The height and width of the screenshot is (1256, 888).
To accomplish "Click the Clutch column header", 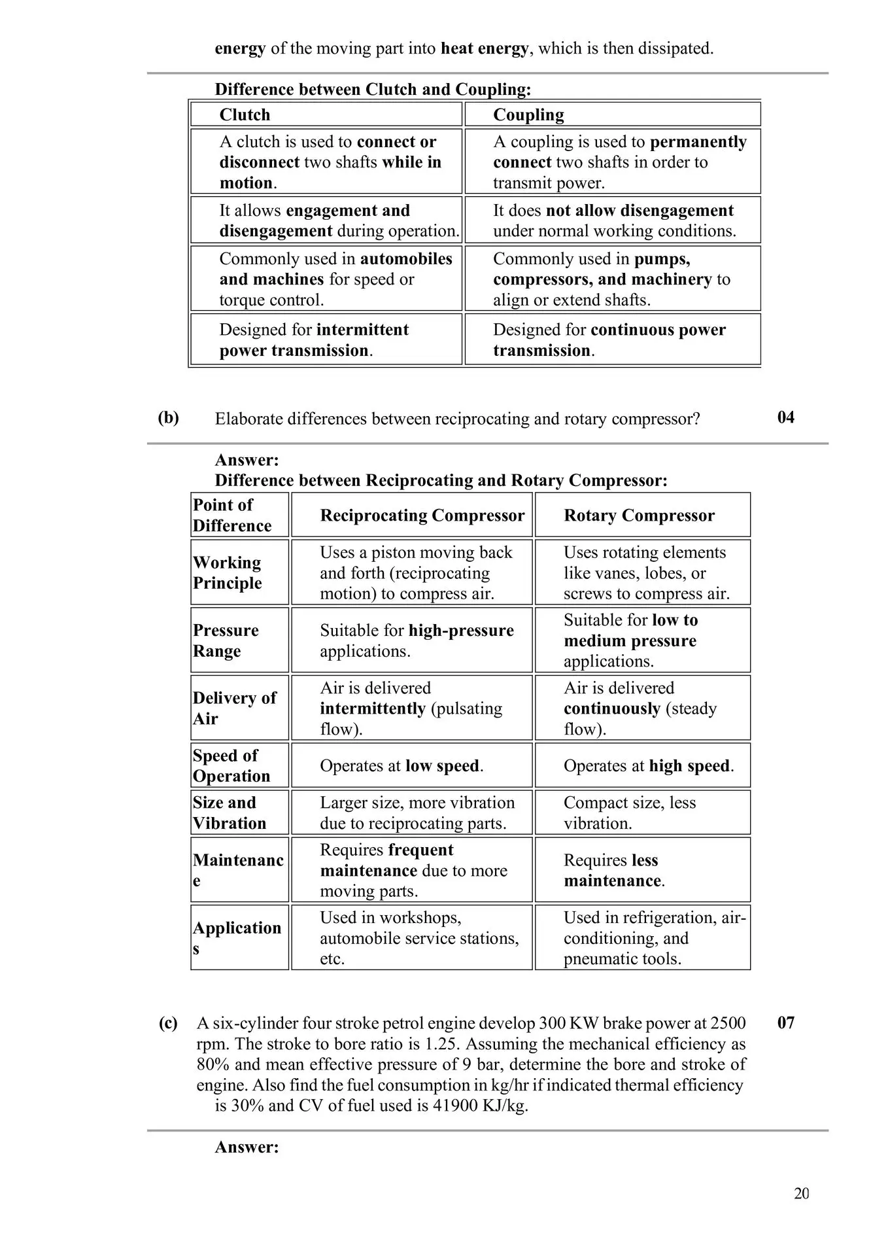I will [x=245, y=114].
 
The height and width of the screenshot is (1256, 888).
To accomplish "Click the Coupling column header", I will [x=528, y=114].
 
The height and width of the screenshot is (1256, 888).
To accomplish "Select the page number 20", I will [x=802, y=1194].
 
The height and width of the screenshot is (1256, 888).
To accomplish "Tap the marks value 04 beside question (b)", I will [x=786, y=417].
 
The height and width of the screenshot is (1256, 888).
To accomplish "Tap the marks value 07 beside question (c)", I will [x=786, y=1022].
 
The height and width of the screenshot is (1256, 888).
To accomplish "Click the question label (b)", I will [x=169, y=417].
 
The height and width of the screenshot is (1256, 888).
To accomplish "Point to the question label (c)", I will [x=168, y=1023].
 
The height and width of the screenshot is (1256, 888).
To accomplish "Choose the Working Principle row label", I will [x=227, y=572].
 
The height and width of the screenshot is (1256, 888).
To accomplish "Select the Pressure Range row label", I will [x=226, y=640].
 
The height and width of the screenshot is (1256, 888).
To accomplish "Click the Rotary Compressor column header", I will [x=639, y=515].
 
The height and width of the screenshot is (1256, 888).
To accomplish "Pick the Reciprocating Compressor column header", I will [x=422, y=515].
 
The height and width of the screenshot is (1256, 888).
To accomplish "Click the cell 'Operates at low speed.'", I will [x=401, y=765].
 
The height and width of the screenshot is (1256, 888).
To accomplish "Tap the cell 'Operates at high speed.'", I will [x=648, y=765].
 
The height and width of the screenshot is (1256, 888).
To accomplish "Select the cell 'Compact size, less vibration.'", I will [x=629, y=812].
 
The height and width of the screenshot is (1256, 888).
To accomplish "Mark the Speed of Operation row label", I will [x=231, y=765].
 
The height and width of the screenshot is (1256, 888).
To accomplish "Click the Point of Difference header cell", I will [x=231, y=515].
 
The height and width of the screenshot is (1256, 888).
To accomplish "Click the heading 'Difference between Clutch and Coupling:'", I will [x=373, y=89].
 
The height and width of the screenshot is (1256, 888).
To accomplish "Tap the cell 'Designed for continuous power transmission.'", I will [x=609, y=340].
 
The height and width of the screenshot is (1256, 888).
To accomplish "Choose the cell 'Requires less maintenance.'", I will [x=613, y=870].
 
